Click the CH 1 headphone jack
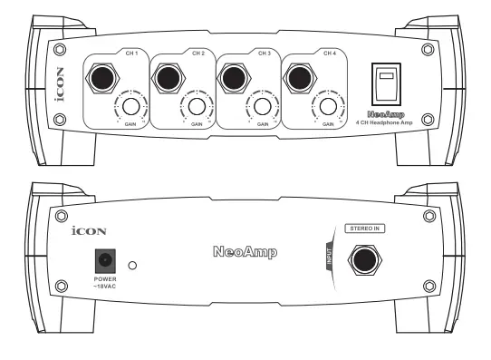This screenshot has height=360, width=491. point(99,79)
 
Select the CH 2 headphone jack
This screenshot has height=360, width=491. point(166,79)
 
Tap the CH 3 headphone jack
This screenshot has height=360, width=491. point(233,79)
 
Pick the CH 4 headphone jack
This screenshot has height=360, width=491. point(300,79)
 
